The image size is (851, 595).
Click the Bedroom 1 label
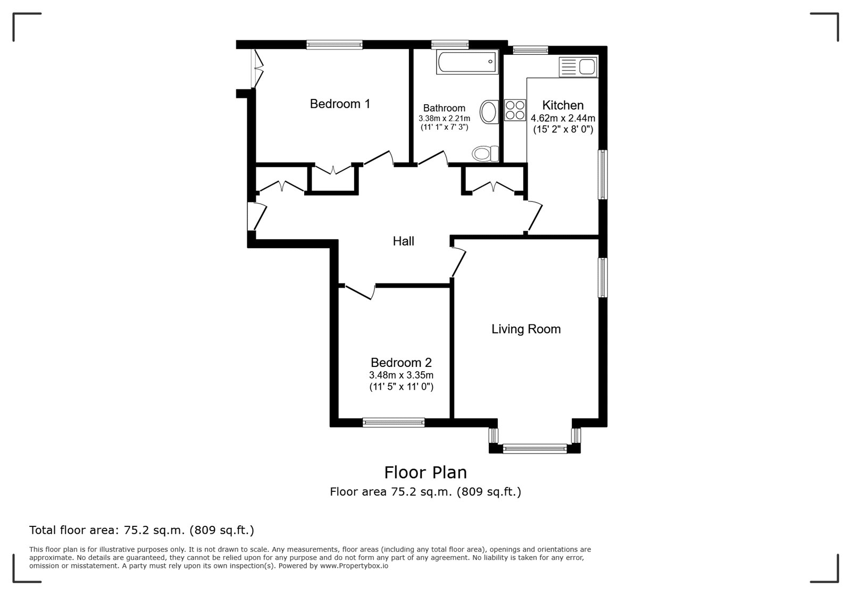340,104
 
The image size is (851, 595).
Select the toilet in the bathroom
486,154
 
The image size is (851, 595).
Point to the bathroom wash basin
489,112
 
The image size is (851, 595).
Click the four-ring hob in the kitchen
515,110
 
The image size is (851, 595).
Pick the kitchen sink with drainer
578,67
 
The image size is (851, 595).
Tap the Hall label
404,241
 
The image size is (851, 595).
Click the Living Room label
526,329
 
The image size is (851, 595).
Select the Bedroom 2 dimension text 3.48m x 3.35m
401,375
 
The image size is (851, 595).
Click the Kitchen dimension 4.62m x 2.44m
563,118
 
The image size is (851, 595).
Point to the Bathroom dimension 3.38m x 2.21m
445,119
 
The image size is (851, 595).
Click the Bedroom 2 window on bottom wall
394,422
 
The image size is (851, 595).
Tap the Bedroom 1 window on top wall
335,45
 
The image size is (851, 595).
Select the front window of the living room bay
535,449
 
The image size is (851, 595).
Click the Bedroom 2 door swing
361,291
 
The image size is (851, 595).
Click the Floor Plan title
425,473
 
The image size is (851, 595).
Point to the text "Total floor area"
72,530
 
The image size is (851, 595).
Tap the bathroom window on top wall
450,45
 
